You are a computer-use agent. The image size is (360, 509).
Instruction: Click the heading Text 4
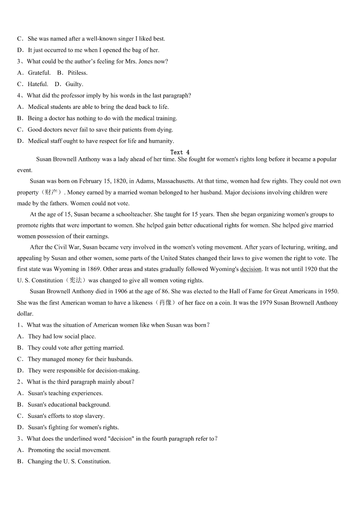[x=180, y=152]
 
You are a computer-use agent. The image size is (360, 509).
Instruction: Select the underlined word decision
[x=251, y=269]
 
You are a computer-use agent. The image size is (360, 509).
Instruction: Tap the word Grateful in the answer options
[x=39, y=73]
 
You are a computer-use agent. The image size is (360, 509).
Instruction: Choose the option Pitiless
[x=77, y=73]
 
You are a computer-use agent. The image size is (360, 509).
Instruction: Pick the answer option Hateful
[x=38, y=84]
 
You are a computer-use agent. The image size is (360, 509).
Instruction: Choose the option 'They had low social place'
[x=62, y=337]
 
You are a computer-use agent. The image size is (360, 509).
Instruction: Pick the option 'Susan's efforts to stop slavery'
[x=66, y=416]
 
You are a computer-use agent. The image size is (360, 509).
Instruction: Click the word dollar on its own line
[x=25, y=314]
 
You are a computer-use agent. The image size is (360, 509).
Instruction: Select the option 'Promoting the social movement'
[x=69, y=450]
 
